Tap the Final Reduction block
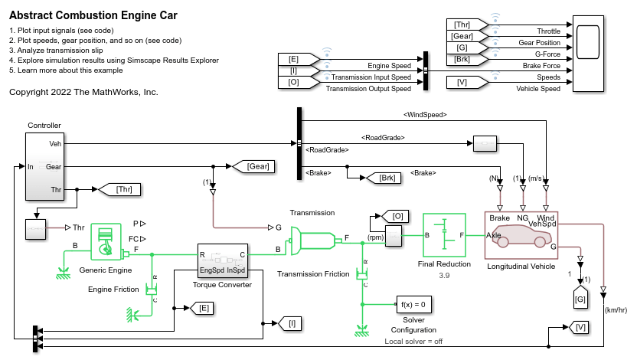pyautogui.click(x=445, y=237)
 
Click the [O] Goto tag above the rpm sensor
pyautogui.click(x=397, y=217)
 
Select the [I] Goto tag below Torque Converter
pyautogui.click(x=292, y=324)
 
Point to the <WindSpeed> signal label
pyautogui.click(x=425, y=114)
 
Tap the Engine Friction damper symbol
pyautogui.click(x=153, y=288)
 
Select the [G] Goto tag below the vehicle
pyautogui.click(x=580, y=296)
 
